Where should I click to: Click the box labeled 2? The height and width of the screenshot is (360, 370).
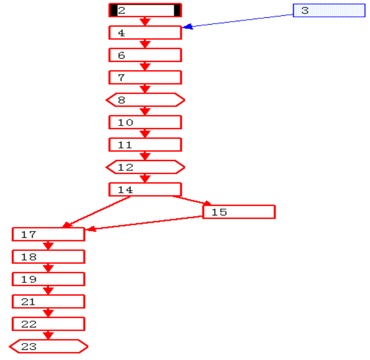click(145, 10)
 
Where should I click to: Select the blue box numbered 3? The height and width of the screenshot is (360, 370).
click(329, 11)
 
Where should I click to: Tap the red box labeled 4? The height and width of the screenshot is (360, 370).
click(145, 33)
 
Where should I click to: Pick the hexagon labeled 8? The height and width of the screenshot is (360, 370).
click(145, 100)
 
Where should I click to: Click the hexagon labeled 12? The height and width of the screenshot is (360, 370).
click(145, 167)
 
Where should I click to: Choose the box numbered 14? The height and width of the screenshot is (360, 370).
click(145, 190)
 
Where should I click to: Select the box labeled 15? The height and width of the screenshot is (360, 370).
click(239, 212)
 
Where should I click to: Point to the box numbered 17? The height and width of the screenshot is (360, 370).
click(48, 234)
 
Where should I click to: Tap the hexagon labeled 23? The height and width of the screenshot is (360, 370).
click(48, 347)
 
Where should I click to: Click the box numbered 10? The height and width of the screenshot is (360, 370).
click(145, 123)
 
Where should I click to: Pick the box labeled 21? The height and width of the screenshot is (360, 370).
click(48, 302)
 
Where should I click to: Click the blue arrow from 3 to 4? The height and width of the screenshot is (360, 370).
click(237, 21)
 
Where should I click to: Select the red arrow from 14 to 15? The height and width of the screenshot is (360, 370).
click(191, 200)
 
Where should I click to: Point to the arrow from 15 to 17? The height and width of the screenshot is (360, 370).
click(144, 223)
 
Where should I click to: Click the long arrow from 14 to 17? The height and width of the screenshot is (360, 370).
click(97, 212)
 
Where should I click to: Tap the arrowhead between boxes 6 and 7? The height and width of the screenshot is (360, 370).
click(145, 67)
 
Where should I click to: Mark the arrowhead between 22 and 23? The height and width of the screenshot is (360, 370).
click(49, 335)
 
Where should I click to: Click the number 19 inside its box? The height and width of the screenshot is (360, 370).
click(29, 279)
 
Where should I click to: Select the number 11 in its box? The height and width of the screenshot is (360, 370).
click(125, 145)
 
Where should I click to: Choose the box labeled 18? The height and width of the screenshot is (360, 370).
click(48, 257)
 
